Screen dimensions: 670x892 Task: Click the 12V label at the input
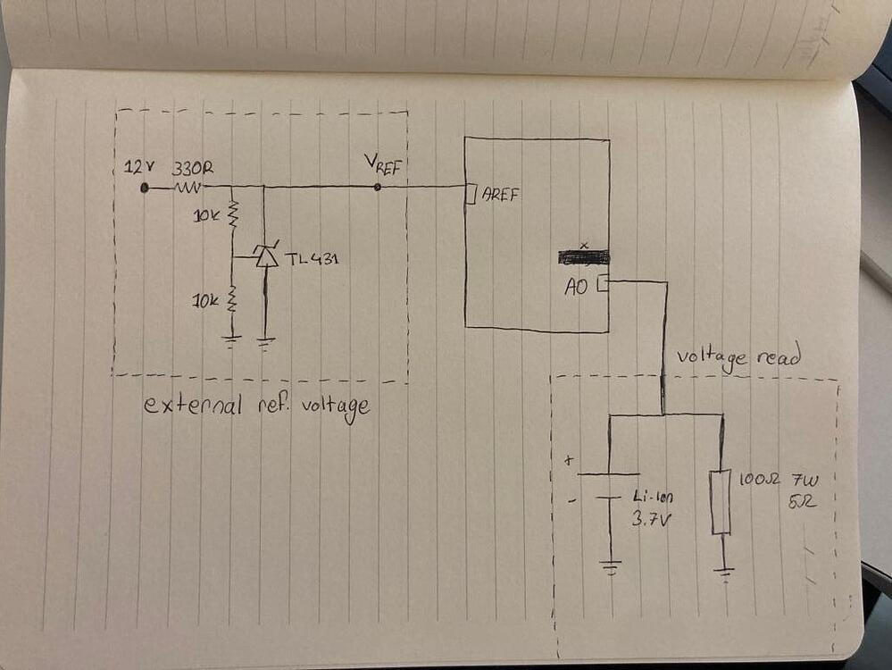click(x=138, y=168)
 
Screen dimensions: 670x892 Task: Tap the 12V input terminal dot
click(x=144, y=188)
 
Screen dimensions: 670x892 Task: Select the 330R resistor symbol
click(x=188, y=188)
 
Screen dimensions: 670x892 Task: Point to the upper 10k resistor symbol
click(x=232, y=214)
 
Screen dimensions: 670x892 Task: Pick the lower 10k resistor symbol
click(x=232, y=299)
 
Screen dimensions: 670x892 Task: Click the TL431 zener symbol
click(x=265, y=257)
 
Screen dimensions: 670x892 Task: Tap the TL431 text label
click(x=313, y=259)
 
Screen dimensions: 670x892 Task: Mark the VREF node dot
click(x=377, y=188)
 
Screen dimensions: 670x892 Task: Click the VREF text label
click(x=387, y=164)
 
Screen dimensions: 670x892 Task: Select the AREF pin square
click(x=471, y=193)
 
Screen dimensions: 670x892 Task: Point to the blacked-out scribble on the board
click(x=583, y=257)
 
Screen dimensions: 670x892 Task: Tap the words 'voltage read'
click(x=738, y=357)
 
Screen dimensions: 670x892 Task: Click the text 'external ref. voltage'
click(x=257, y=406)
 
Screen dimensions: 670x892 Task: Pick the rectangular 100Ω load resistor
click(x=721, y=502)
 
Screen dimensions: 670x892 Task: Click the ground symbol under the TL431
click(x=265, y=340)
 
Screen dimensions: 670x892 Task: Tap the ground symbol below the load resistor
click(x=724, y=573)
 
